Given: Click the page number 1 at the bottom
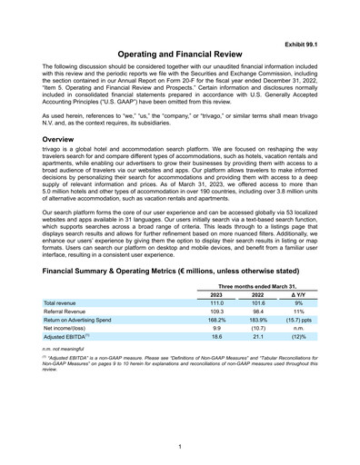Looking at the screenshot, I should [x=180, y=447].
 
